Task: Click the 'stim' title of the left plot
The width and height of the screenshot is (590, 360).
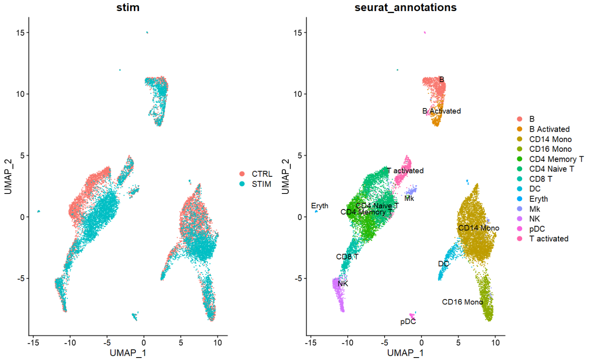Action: tap(128, 7)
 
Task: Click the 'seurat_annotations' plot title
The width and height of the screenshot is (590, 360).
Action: tap(405, 7)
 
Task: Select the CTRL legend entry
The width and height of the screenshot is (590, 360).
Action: tap(261, 174)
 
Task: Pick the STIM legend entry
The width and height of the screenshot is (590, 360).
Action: tap(261, 184)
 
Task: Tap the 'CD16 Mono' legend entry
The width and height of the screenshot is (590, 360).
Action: tap(550, 149)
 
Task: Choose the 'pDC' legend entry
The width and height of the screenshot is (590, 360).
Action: tap(536, 229)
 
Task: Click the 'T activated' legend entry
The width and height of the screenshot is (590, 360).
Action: tap(548, 239)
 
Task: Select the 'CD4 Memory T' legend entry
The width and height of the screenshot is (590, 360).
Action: tap(556, 159)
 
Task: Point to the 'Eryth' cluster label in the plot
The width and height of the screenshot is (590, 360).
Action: tap(320, 206)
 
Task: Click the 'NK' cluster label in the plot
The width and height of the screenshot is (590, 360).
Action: tap(343, 283)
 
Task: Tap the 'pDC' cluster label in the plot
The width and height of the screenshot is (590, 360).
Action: tap(408, 322)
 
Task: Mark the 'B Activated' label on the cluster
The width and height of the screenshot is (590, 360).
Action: tap(441, 111)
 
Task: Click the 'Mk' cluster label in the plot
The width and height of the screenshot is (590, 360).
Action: tap(409, 198)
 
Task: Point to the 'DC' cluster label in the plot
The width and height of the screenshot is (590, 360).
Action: tap(443, 264)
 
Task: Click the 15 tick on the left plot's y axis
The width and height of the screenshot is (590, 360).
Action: tap(20, 33)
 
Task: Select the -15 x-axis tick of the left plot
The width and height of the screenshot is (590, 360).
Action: tap(33, 343)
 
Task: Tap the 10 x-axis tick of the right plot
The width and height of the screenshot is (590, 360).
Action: tap(495, 343)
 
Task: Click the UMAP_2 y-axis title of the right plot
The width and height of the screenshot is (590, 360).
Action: tap(286, 176)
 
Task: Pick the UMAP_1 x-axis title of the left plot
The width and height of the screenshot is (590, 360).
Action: tap(128, 353)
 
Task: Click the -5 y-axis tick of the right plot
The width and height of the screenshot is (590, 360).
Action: tap(297, 279)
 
